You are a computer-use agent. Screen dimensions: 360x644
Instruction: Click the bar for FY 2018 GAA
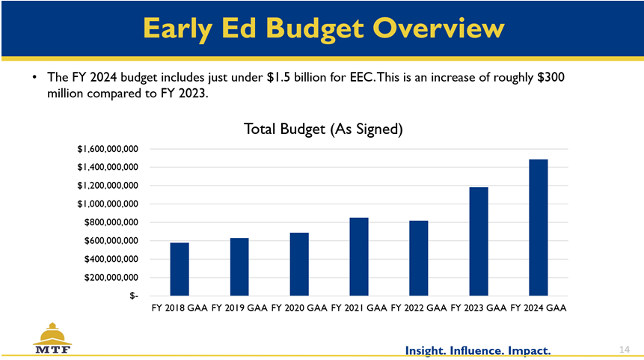click(x=180, y=269)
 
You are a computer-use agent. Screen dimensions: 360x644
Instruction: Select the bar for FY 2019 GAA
click(x=239, y=267)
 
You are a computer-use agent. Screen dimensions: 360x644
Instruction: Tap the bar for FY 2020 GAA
click(x=299, y=264)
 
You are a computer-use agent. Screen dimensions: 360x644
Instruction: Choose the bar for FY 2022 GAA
click(x=419, y=258)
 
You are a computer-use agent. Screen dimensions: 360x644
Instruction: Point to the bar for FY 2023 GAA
click(x=479, y=241)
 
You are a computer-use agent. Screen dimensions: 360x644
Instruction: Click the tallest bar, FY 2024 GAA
click(x=539, y=228)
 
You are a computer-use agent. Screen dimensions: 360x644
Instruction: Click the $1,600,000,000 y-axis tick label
click(x=106, y=149)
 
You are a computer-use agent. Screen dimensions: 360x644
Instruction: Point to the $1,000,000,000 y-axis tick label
click(x=106, y=204)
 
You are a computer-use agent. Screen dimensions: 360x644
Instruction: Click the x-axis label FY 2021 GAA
click(x=358, y=308)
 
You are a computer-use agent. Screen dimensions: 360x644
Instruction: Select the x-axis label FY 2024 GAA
click(x=538, y=308)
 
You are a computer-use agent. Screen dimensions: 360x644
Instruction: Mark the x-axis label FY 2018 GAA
click(x=180, y=308)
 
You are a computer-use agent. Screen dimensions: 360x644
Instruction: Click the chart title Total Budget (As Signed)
click(x=323, y=129)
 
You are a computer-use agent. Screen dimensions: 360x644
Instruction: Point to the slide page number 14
click(x=625, y=350)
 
